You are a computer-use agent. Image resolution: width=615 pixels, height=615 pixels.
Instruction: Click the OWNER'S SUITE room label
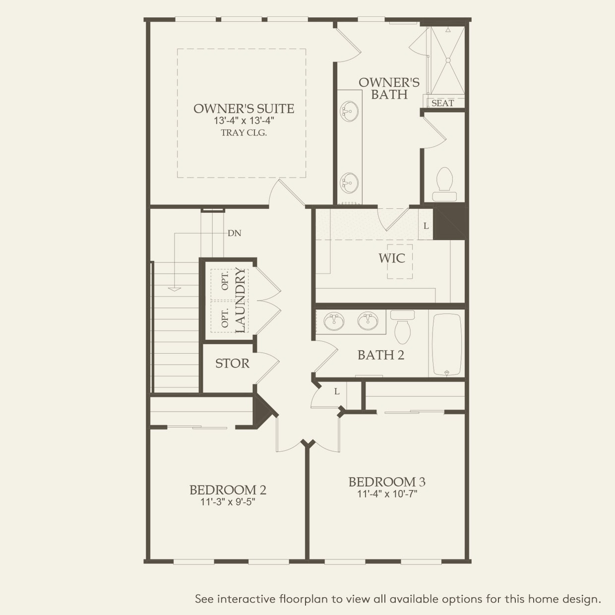click(x=244, y=109)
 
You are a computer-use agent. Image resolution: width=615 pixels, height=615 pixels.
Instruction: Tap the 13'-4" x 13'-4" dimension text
click(x=244, y=121)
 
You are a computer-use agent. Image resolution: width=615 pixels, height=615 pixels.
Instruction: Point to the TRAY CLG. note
click(x=244, y=132)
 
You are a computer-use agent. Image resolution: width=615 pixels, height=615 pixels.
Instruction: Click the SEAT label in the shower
click(x=442, y=103)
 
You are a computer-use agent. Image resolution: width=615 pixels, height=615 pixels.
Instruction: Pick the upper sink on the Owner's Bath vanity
click(x=349, y=110)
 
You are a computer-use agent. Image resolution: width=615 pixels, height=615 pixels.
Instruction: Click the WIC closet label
click(x=391, y=258)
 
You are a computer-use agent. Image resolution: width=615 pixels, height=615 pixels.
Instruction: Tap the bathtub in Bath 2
click(x=447, y=345)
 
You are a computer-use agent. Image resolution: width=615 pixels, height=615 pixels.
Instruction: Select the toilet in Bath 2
click(x=402, y=327)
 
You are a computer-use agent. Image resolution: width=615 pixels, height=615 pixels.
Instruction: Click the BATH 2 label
click(x=380, y=355)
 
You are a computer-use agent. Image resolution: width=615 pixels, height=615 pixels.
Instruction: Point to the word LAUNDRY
click(x=240, y=300)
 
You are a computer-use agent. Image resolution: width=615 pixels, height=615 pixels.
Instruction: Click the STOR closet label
click(x=232, y=364)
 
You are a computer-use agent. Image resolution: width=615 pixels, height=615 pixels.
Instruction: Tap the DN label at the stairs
click(x=234, y=233)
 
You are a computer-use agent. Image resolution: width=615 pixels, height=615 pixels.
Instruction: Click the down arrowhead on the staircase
click(x=174, y=288)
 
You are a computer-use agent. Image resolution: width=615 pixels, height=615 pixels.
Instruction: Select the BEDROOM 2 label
click(x=228, y=490)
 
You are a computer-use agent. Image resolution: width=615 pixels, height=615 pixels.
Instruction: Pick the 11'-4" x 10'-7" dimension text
click(x=387, y=494)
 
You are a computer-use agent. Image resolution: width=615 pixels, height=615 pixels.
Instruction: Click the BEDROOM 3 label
click(x=387, y=482)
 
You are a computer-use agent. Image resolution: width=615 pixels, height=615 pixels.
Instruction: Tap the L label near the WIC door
click(x=426, y=226)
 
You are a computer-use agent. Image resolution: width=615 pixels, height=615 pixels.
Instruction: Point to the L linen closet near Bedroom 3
click(x=337, y=392)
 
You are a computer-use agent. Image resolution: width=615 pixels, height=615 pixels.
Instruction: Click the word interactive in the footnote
click(x=247, y=599)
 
